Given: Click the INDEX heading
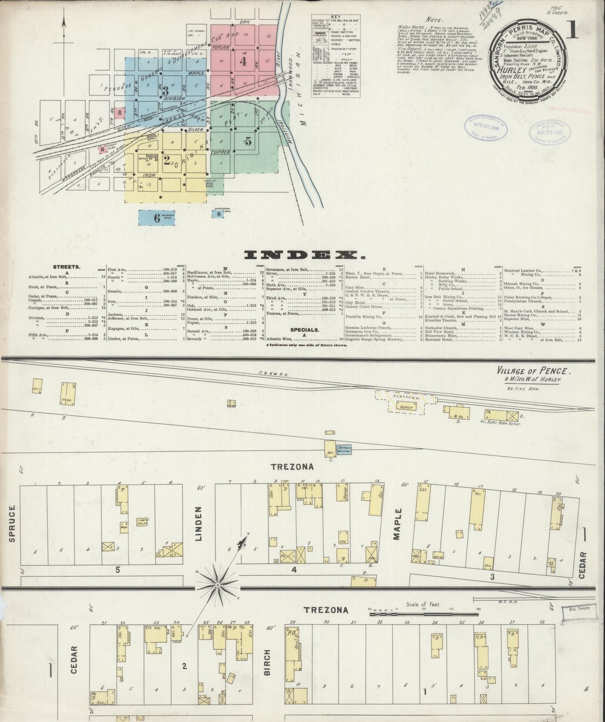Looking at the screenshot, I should pos(302,255).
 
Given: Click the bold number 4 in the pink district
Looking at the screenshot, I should pos(243,61).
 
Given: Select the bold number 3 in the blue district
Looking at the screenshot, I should pos(165,90).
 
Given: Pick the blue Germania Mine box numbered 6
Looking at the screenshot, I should pos(157,217).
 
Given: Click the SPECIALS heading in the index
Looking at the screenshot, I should pos(304,330).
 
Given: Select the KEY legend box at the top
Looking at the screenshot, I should pos(335,56).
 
